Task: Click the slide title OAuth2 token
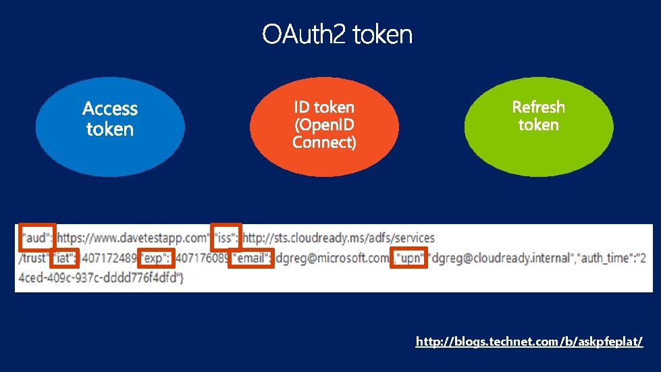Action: click(x=337, y=34)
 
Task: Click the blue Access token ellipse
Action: click(x=110, y=126)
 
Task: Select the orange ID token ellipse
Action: click(x=324, y=126)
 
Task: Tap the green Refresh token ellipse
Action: click(x=539, y=126)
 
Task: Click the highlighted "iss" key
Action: click(x=226, y=238)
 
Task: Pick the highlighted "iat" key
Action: click(x=65, y=257)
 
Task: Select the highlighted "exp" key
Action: click(x=156, y=257)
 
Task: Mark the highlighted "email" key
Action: click(x=250, y=257)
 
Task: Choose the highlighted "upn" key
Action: click(x=409, y=257)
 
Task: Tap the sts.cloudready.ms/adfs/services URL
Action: click(x=338, y=238)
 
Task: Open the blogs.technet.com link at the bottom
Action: click(x=529, y=342)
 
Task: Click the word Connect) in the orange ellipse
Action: click(x=324, y=143)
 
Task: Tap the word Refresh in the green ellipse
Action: click(x=539, y=107)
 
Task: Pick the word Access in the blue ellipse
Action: click(x=110, y=109)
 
